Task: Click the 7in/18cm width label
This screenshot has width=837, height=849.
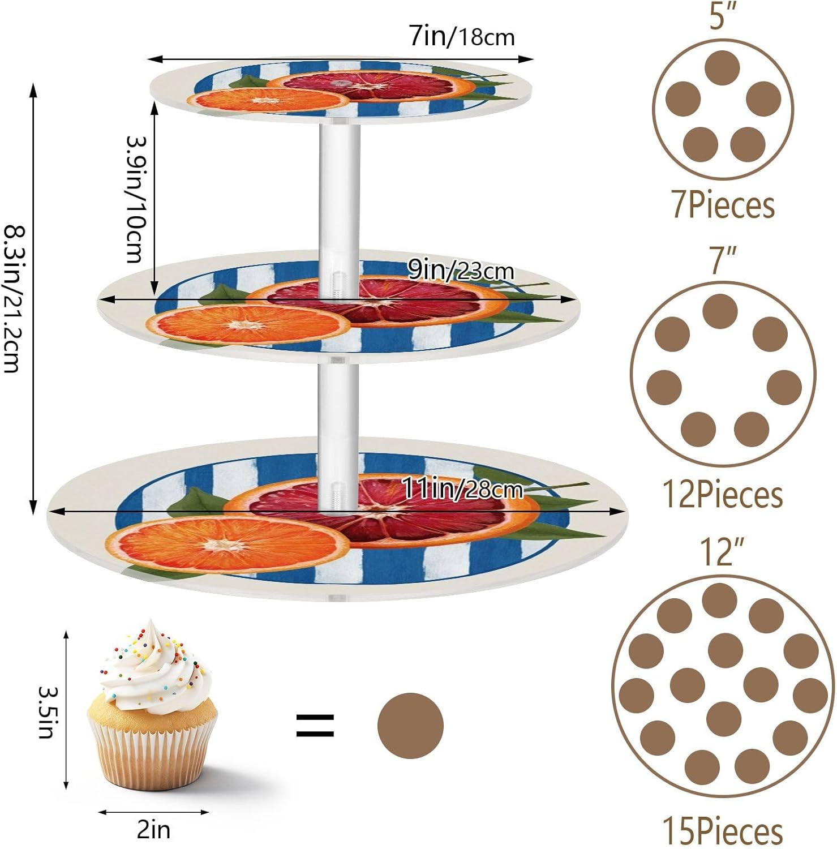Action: point(462,37)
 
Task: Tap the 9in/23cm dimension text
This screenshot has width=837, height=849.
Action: point(461,271)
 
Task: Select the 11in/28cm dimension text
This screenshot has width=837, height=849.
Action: point(462,488)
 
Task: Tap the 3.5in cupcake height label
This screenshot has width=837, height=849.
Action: point(47,712)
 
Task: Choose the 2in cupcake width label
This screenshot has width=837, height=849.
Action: point(153,830)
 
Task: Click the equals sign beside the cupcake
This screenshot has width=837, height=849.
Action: point(315,726)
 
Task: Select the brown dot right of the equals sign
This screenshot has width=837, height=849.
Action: point(410,726)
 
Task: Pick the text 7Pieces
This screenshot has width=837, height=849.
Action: point(723,205)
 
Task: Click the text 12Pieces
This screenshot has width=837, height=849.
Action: point(723,495)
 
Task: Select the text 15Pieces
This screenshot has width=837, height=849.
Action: point(723,831)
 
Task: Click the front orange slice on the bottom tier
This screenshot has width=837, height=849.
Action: point(235,545)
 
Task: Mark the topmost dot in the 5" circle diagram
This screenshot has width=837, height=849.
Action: point(723,68)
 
